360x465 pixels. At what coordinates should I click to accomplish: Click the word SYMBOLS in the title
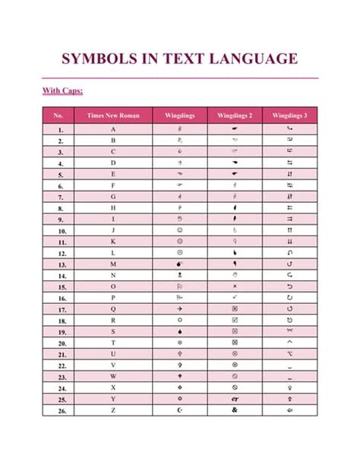[96, 59]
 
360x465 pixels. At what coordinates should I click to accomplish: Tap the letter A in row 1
[113, 129]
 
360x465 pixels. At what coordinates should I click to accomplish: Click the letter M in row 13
[113, 264]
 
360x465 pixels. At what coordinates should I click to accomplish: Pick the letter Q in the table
[113, 308]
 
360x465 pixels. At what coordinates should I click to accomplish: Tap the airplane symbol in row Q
[179, 308]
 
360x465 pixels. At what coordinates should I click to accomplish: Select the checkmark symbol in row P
[235, 297]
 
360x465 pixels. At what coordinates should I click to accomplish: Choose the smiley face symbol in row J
[179, 230]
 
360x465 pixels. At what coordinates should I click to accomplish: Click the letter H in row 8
[113, 207]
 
